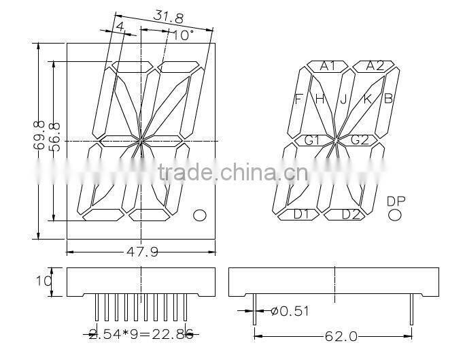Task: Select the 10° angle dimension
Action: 183,34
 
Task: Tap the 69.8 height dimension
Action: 40,141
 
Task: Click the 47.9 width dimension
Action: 142,252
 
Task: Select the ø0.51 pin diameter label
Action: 288,312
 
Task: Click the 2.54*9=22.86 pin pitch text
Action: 141,333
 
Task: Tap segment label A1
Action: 328,66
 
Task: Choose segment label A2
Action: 375,66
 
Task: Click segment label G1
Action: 312,140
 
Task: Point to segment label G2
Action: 359,140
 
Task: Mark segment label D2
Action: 350,214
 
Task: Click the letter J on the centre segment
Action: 343,99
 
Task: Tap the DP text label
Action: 395,201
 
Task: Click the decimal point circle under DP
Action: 395,215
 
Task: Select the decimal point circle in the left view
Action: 200,216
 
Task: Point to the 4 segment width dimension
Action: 120,27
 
